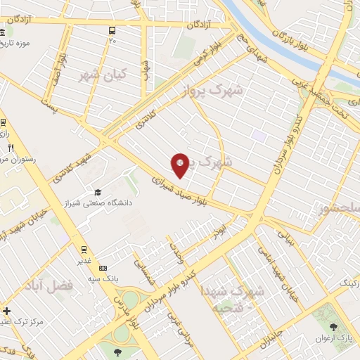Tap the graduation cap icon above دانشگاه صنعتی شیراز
click(x=98, y=193)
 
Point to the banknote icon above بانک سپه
click(x=103, y=268)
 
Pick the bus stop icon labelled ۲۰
click(x=112, y=30)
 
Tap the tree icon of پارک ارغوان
click(x=333, y=327)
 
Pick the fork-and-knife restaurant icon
click(x=11, y=148)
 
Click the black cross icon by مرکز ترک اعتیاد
click(x=6, y=311)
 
